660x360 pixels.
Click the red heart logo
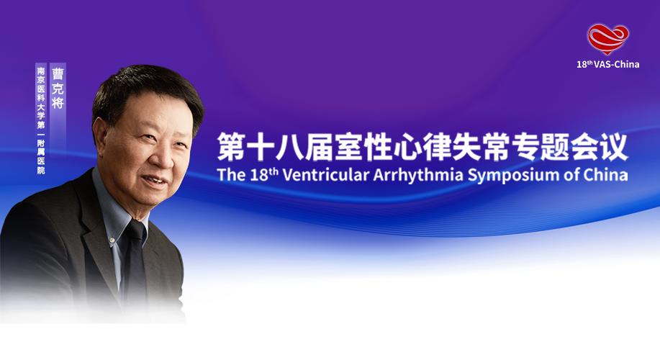click(608, 39)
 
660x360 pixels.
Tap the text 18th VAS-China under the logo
click(607, 64)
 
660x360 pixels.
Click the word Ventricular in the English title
click(325, 175)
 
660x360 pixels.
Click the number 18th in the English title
click(264, 174)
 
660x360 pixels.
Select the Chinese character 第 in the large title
click(231, 147)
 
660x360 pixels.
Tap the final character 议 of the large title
click(614, 147)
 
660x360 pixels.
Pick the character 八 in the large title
click(290, 147)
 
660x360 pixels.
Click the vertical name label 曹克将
click(58, 89)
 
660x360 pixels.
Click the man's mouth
click(154, 180)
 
